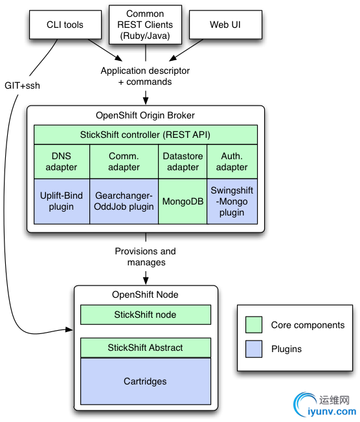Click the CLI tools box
[x=65, y=25]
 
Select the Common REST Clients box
[x=146, y=25]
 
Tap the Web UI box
[x=225, y=25]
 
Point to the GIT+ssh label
[x=23, y=85]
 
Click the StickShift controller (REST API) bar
[x=146, y=135]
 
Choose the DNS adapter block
[x=62, y=161]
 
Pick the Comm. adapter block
[x=124, y=161]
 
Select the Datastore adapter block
[x=183, y=161]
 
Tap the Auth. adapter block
[x=232, y=161]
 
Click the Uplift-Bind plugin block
[x=62, y=201]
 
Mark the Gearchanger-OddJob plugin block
[x=124, y=201]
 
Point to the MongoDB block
[x=183, y=201]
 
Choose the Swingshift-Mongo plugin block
[x=232, y=201]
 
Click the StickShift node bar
[x=146, y=315]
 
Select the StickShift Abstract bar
[x=146, y=348]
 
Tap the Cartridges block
[x=146, y=381]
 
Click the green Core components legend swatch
[x=254, y=325]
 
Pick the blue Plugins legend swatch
[x=254, y=349]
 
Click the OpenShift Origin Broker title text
[x=145, y=115]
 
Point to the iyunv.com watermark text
[x=332, y=412]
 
